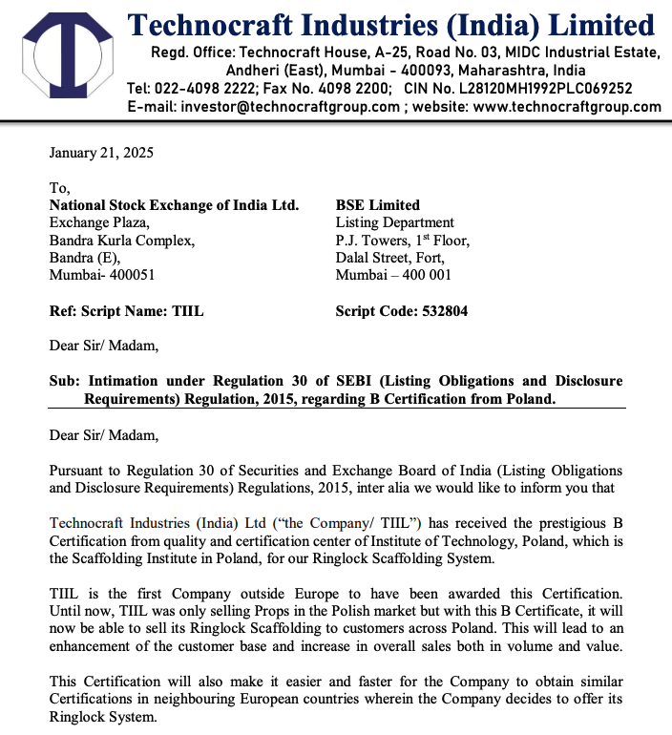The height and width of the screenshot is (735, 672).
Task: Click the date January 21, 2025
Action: coord(101,153)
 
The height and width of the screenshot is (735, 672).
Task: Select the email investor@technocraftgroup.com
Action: coord(291,106)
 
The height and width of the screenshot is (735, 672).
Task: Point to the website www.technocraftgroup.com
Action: coord(567,106)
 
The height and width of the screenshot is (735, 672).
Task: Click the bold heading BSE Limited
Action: coord(377,204)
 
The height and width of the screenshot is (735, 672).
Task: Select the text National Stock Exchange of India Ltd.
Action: coord(174,204)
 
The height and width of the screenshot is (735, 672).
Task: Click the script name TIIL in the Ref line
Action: coord(188,311)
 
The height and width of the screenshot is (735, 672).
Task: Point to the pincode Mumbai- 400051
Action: coord(102,275)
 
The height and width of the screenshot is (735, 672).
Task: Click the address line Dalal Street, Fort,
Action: coord(389,258)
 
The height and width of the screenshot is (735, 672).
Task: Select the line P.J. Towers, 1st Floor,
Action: coord(402,241)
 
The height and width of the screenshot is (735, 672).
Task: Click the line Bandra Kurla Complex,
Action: coord(122,241)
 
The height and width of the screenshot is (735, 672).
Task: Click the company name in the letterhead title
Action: coord(391,23)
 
